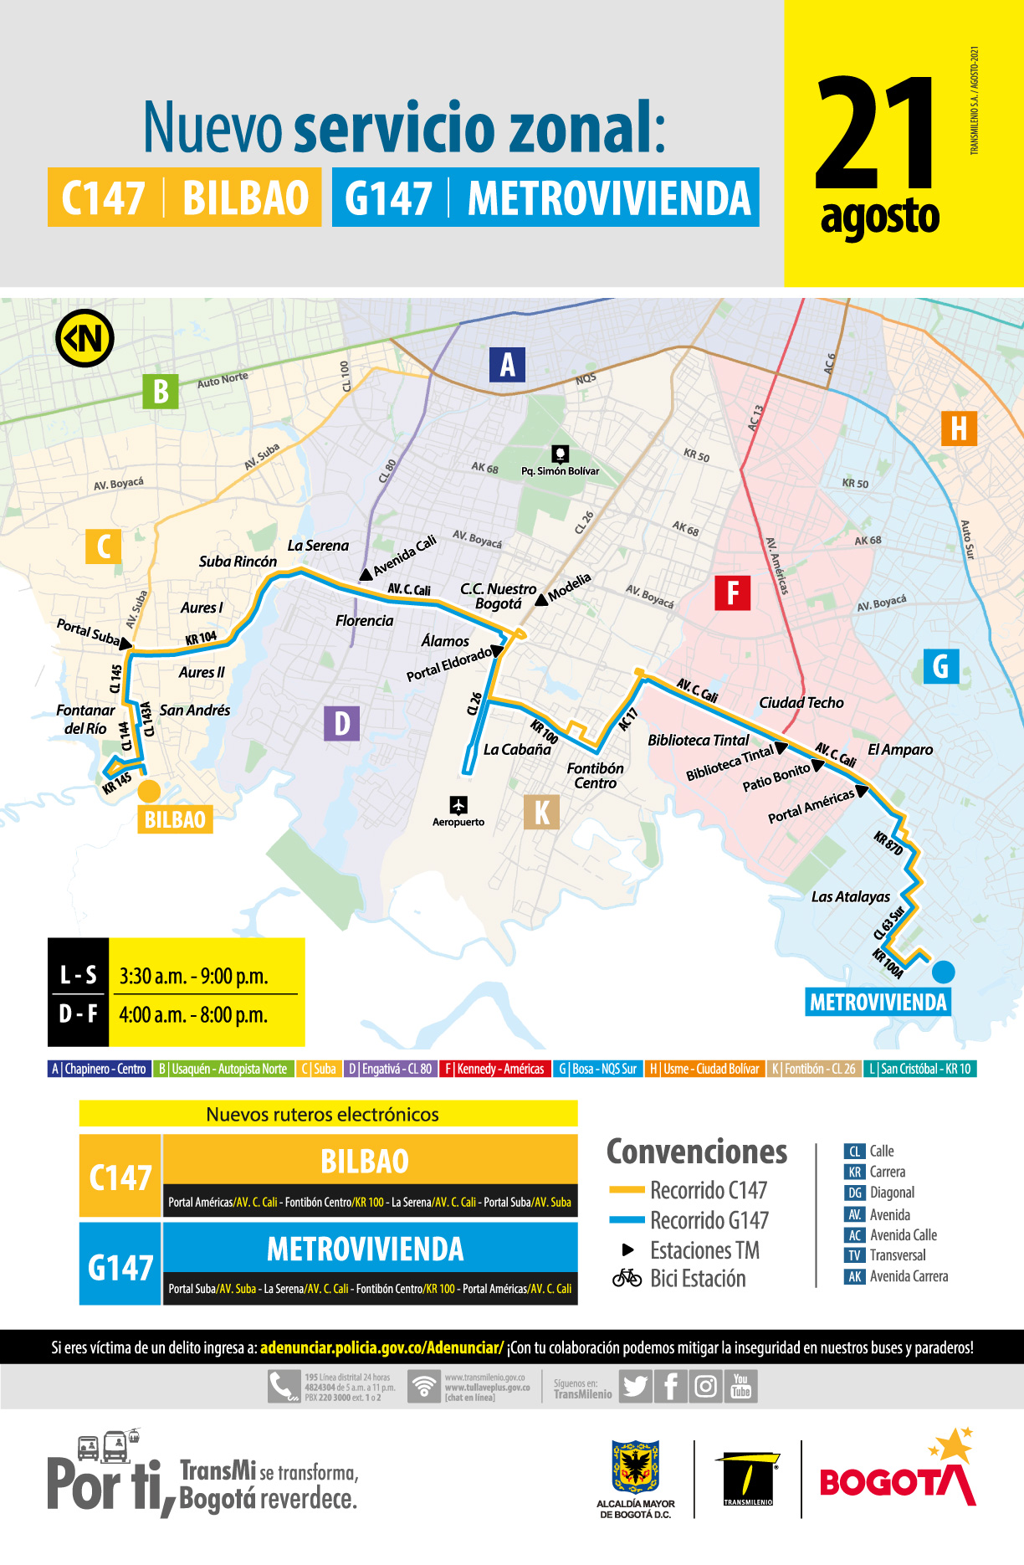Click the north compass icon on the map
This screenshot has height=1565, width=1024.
(x=84, y=338)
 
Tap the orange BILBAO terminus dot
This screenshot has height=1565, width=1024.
(x=149, y=791)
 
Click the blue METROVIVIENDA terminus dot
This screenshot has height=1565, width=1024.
(x=943, y=972)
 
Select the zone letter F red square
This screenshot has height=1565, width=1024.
(x=732, y=593)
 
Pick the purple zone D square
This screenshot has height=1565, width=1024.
(x=341, y=723)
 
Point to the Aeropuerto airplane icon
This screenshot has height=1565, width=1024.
(x=458, y=805)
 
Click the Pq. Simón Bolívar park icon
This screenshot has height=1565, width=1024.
(x=561, y=454)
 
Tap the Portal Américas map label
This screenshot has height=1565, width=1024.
(x=811, y=806)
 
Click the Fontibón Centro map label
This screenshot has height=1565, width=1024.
(x=595, y=776)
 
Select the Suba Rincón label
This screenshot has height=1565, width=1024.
(x=238, y=562)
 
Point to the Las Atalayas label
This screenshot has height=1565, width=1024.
(x=851, y=897)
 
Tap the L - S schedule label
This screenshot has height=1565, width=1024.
(x=79, y=975)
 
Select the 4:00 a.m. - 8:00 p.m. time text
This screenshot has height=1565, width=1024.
(x=193, y=1015)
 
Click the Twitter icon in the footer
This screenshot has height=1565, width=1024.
(x=635, y=1387)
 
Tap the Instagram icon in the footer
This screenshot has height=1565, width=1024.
(x=705, y=1387)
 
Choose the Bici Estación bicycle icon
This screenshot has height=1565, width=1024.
(x=627, y=1279)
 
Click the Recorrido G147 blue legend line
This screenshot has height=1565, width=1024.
(x=627, y=1220)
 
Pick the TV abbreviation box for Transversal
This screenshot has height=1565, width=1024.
(x=854, y=1255)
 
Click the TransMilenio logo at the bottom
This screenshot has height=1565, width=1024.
(x=747, y=1480)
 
